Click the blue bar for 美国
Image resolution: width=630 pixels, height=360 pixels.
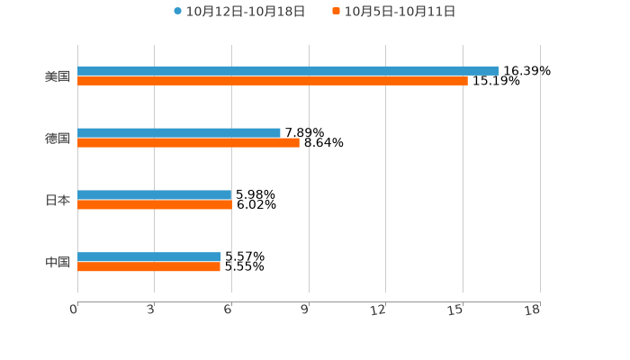click(288, 71)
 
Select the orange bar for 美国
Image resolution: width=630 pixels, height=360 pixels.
click(273, 81)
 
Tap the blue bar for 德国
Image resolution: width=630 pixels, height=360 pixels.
click(179, 133)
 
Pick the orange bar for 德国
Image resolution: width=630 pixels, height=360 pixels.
click(188, 142)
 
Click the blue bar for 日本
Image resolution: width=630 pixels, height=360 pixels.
click(155, 194)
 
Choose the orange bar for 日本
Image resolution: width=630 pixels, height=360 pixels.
click(155, 204)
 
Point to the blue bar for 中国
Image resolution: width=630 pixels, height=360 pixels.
click(149, 257)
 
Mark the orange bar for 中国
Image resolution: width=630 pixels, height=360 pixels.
click(148, 267)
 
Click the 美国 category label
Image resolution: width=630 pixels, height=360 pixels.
click(58, 76)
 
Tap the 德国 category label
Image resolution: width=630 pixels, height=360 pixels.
click(58, 138)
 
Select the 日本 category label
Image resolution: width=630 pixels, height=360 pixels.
click(58, 200)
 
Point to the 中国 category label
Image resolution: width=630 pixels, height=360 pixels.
click(58, 262)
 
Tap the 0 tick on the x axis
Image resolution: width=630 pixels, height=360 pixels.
click(74, 310)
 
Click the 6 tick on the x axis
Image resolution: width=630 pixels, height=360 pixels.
click(228, 310)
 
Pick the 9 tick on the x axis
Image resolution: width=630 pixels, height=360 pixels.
click(305, 310)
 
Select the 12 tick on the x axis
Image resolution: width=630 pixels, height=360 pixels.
click(378, 310)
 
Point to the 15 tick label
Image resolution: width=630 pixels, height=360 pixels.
click(455, 310)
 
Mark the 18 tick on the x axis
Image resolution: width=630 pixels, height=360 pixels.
click(532, 310)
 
